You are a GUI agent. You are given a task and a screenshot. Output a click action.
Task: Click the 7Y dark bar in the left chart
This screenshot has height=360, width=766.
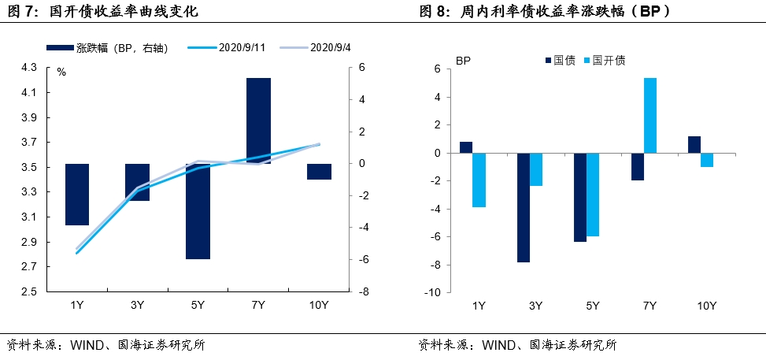click(258, 120)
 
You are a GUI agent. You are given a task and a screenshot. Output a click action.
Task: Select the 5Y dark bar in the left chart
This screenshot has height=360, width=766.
click(198, 211)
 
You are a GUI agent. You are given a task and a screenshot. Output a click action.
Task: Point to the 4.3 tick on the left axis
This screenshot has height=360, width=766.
click(28, 68)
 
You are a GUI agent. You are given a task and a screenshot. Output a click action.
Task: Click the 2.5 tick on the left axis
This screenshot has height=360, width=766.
click(28, 291)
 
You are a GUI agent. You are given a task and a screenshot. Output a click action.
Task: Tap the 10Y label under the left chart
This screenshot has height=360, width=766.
click(319, 305)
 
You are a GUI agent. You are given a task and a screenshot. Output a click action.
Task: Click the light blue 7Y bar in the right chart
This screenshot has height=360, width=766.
click(650, 115)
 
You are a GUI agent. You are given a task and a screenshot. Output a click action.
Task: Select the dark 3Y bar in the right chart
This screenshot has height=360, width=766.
click(523, 207)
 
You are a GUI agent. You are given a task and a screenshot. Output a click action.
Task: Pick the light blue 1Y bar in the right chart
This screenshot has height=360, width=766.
click(479, 180)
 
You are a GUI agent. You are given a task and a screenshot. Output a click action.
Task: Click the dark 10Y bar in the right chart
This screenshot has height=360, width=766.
click(694, 145)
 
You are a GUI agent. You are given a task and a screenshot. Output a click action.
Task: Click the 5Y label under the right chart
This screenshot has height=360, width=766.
click(593, 306)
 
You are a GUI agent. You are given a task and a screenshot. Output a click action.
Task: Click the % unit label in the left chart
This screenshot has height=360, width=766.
click(61, 72)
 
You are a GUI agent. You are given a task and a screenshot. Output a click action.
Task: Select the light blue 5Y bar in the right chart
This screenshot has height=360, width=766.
click(593, 195)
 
